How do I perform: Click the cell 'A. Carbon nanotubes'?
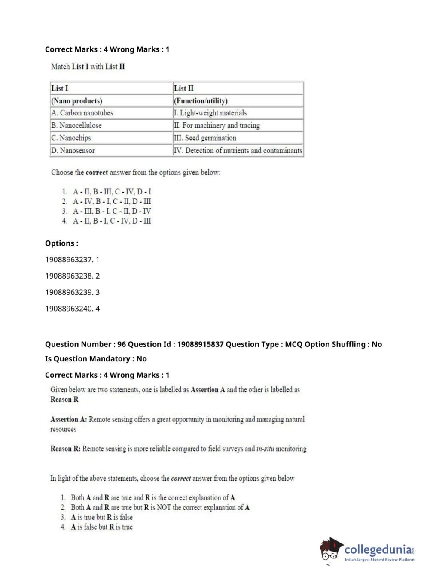[x=82, y=113]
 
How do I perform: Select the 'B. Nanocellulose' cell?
[x=76, y=125]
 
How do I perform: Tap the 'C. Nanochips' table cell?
[x=71, y=138]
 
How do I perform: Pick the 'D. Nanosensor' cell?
[x=73, y=150]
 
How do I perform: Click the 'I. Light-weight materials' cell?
[x=210, y=113]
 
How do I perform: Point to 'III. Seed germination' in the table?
[x=205, y=138]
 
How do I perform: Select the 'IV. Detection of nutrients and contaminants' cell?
[x=238, y=150]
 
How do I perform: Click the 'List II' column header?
[x=184, y=88]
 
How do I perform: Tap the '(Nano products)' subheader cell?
[x=77, y=101]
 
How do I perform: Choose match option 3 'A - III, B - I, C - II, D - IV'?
[x=112, y=211]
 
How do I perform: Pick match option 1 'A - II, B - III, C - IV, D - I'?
[x=112, y=191]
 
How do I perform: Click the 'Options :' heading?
[x=62, y=243]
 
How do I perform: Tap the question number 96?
[x=122, y=344]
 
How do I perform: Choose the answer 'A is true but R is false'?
[x=102, y=517]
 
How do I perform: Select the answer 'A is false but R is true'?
[x=102, y=527]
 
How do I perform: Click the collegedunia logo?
[x=367, y=550]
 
